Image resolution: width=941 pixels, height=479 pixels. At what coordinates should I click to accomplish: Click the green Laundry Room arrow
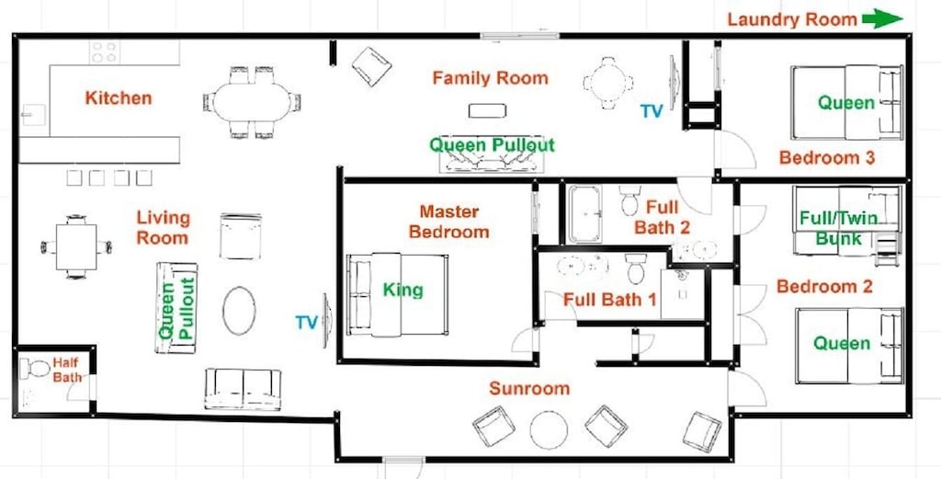[882, 18]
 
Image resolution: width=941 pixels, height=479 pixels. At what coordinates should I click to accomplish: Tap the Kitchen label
[119, 97]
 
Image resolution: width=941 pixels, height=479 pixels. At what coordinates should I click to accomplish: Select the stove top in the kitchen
[105, 51]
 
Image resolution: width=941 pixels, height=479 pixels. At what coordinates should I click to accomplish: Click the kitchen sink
[34, 114]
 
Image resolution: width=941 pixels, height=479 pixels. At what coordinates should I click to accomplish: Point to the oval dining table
[252, 102]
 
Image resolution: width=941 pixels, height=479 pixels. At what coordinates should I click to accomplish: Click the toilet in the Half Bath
[35, 368]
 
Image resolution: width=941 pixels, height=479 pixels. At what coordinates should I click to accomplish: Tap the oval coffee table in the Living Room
[239, 311]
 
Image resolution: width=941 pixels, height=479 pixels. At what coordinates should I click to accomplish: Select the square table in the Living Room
[76, 246]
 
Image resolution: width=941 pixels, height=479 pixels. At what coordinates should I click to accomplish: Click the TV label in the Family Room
[652, 111]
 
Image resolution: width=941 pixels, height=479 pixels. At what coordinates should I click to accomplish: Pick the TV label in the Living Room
[306, 323]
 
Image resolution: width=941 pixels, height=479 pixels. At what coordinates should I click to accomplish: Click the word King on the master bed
[403, 291]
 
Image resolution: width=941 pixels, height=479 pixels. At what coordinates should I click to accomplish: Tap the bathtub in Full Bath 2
[584, 213]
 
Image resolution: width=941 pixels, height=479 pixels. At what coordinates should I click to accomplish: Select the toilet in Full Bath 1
[636, 268]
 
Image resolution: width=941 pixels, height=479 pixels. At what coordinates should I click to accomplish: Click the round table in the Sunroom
[549, 429]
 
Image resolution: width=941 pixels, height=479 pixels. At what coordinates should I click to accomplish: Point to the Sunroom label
[529, 388]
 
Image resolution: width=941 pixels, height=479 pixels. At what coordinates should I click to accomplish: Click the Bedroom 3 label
[827, 158]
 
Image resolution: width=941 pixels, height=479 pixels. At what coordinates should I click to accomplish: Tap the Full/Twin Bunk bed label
[839, 228]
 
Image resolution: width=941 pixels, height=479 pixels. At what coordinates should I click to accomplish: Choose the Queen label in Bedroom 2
[842, 343]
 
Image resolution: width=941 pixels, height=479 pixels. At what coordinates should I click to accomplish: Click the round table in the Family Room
[608, 83]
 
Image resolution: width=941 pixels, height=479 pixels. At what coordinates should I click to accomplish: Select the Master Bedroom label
[448, 222]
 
